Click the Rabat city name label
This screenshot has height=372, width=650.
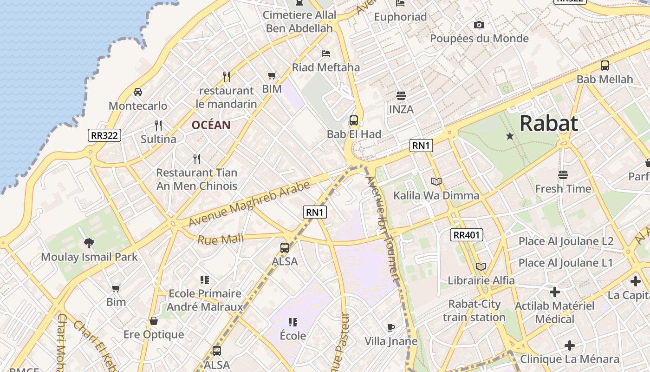tap(549, 124)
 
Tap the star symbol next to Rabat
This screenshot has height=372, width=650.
tap(510, 136)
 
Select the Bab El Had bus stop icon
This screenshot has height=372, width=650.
tap(354, 120)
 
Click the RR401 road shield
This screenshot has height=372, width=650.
tap(467, 235)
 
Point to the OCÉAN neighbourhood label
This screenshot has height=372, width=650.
tap(211, 125)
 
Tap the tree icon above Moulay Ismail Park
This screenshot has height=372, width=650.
tap(89, 243)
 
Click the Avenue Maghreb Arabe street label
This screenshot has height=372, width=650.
tap(249, 204)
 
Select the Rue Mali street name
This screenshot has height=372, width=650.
tap(220, 240)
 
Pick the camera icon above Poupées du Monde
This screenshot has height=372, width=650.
tap(479, 25)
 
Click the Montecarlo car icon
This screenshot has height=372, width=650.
tap(137, 92)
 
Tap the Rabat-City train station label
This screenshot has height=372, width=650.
tap(474, 311)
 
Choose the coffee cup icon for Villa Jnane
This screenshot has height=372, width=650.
tap(391, 327)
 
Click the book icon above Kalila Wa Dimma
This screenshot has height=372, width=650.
tap(436, 181)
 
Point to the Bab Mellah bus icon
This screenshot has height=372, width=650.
tap(604, 66)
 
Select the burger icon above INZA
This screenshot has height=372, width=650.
tap(401, 96)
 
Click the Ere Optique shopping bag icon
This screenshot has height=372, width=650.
tap(154, 321)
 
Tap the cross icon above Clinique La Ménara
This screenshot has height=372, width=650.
tap(570, 345)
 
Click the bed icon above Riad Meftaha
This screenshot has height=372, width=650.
tap(326, 53)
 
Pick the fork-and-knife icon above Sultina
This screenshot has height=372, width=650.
tap(158, 125)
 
